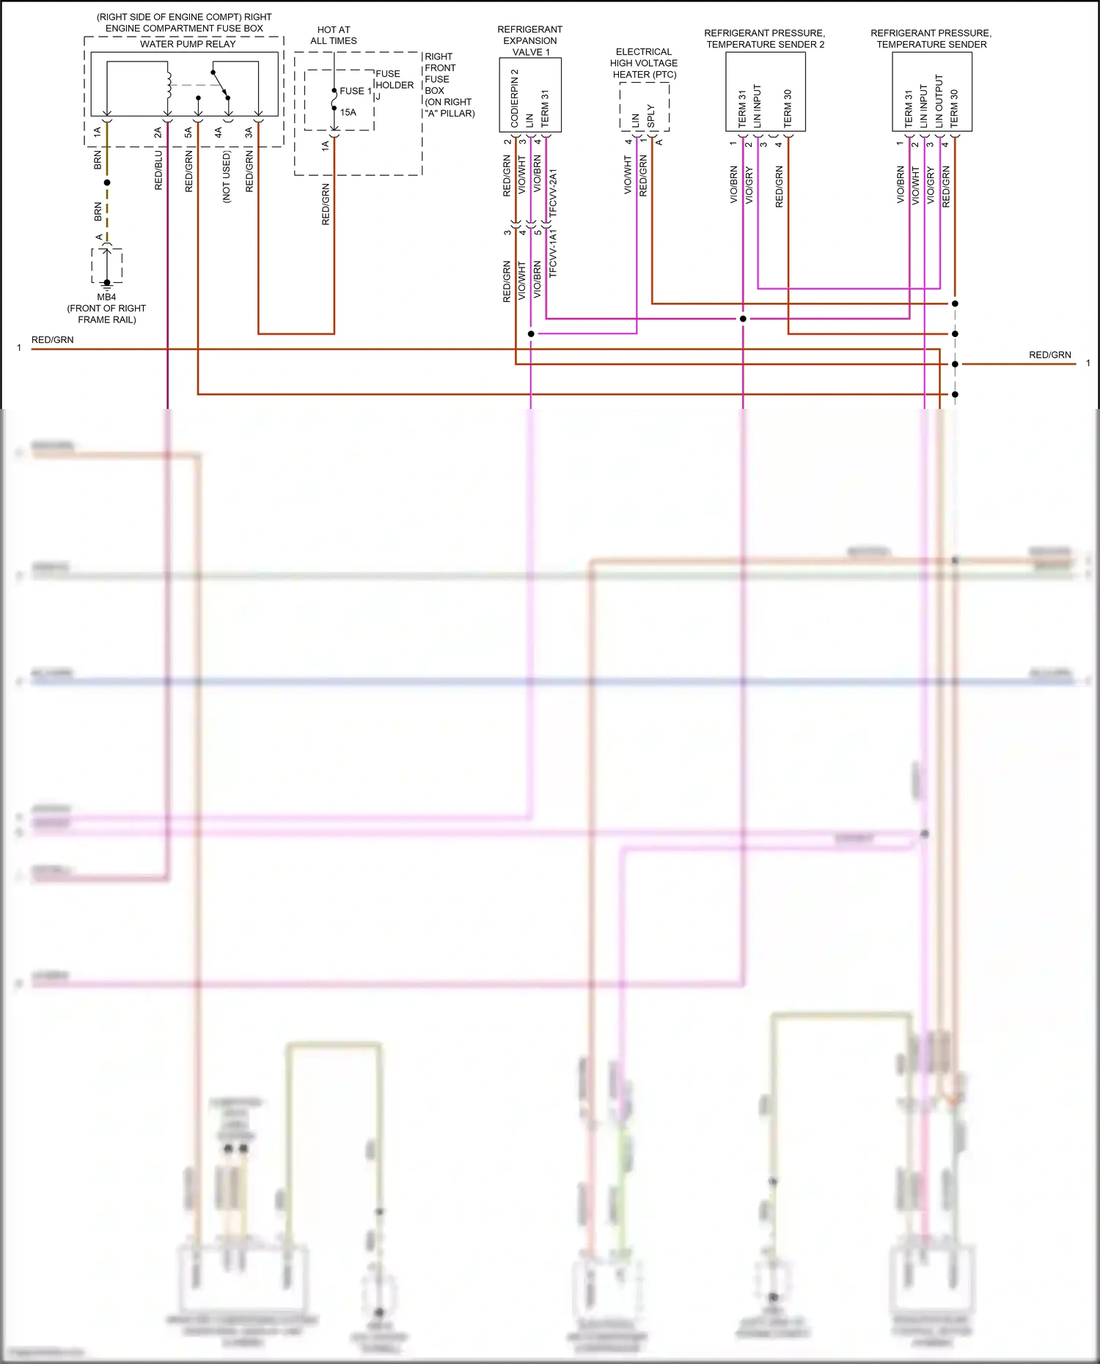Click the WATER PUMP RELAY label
click(x=188, y=44)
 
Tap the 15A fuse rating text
click(x=348, y=113)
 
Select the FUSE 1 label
click(x=356, y=91)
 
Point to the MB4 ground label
click(x=106, y=298)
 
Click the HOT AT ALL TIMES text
click(x=334, y=35)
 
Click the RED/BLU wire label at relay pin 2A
click(x=159, y=171)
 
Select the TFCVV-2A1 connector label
click(x=554, y=192)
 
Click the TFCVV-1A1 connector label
click(x=554, y=253)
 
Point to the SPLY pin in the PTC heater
click(x=651, y=116)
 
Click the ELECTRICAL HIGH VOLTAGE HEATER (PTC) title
click(x=644, y=63)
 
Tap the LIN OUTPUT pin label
click(x=939, y=101)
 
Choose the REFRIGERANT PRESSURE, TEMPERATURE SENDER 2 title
click(x=765, y=39)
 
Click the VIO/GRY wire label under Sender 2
click(x=749, y=185)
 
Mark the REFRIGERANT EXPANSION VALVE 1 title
click(x=530, y=40)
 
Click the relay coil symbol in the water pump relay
click(x=169, y=84)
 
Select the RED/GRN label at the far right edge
click(x=1049, y=355)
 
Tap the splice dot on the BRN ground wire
click(x=107, y=183)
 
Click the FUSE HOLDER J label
click(x=394, y=85)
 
